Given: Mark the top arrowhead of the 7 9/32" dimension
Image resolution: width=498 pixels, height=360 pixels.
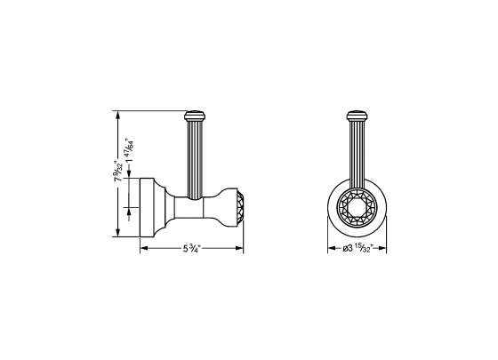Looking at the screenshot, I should click(116, 113).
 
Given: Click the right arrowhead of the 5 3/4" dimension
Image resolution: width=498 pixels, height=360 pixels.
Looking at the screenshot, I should click(241, 247).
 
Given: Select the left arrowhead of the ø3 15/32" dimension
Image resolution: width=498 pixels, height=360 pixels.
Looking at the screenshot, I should click(329, 248).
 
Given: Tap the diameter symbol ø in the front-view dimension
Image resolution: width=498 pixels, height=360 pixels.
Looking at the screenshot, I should click(345, 248).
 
